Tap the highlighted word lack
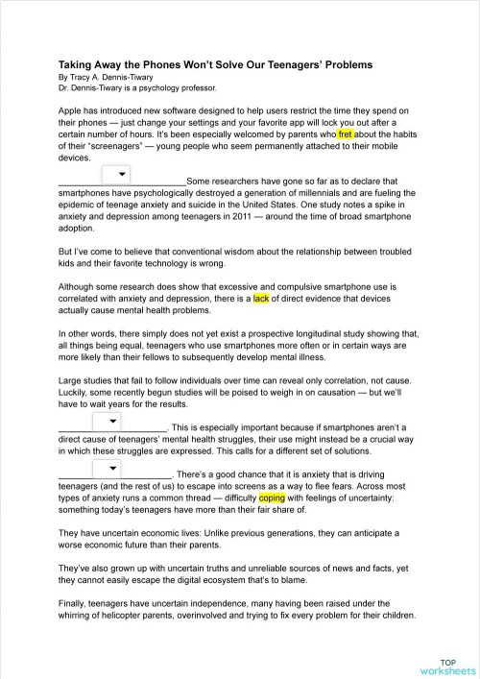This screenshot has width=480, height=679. coord(261,299)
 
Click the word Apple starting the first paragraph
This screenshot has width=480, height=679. coord(71,111)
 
